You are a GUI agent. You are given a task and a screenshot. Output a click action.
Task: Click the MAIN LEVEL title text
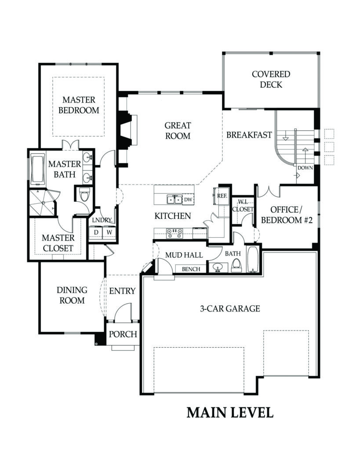tap(230, 413)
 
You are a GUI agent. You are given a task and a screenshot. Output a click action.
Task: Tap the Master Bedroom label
tap(79, 105)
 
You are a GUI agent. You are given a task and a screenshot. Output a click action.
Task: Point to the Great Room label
tap(178, 131)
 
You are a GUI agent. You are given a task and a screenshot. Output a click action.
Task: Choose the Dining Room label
tap(72, 295)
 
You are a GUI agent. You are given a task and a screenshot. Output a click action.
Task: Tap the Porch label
tap(123, 334)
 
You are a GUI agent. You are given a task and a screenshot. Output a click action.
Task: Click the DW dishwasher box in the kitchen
tap(188, 200)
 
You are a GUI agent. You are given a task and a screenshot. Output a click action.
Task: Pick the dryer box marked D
tap(96, 232)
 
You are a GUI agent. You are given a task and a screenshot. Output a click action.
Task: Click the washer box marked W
tap(109, 232)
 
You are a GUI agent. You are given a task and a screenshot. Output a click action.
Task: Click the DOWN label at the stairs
tap(305, 168)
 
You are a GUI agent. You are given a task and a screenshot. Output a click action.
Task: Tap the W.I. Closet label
tap(243, 206)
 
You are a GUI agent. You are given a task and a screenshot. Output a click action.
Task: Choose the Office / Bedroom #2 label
tap(287, 215)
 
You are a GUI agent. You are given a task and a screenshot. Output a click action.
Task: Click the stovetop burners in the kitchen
tap(174, 231)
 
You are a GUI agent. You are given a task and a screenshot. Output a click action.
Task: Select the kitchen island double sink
tap(175, 200)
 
